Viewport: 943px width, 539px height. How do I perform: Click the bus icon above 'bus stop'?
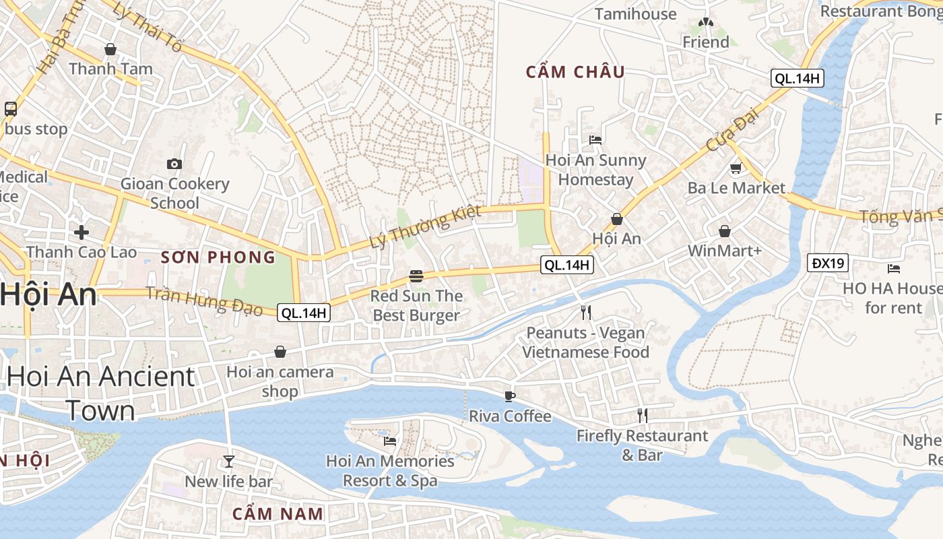[x=11, y=108]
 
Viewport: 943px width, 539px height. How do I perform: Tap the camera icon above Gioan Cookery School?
[x=174, y=164]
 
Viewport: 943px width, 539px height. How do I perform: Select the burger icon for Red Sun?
[x=416, y=276]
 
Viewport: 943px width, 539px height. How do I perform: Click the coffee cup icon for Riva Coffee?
[x=510, y=396]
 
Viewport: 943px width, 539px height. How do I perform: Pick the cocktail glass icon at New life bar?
[x=229, y=462]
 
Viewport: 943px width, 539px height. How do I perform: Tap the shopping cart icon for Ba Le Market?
[x=736, y=168]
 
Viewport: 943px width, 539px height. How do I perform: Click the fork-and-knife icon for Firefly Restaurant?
[x=643, y=416]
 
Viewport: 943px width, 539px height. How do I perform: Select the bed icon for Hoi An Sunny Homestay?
[x=595, y=140]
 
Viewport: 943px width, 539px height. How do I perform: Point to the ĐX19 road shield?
[x=828, y=263]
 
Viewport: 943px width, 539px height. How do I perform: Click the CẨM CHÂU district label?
[x=575, y=72]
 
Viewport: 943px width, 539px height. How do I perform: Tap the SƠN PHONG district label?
[x=218, y=257]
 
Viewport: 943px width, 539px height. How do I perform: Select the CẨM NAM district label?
[x=278, y=513]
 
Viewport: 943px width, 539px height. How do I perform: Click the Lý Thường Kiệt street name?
[x=426, y=226]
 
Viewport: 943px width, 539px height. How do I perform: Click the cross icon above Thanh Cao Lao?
[x=82, y=232]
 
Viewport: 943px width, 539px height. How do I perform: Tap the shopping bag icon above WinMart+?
[x=725, y=231]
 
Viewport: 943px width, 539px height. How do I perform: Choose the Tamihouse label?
[x=635, y=14]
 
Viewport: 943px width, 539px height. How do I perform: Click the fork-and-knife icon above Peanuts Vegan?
[x=586, y=313]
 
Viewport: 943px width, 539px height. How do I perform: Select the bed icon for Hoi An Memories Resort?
[x=390, y=441]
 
